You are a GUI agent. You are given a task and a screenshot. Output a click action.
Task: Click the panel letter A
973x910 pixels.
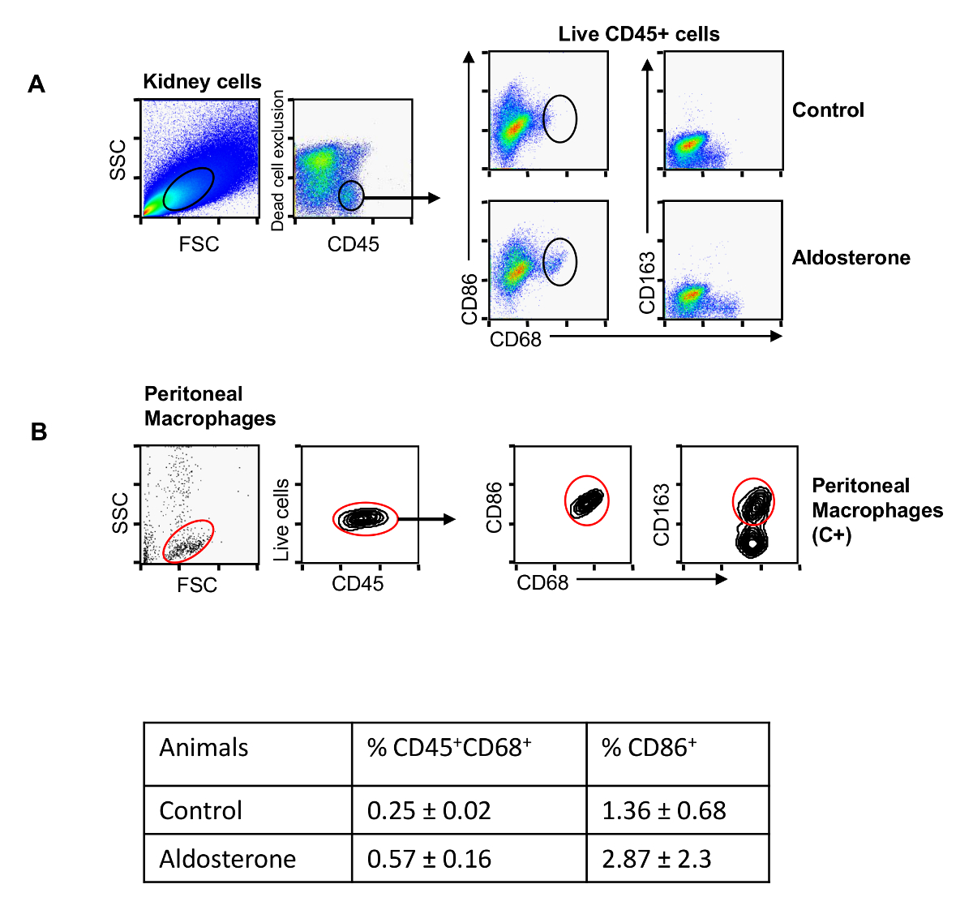(36, 84)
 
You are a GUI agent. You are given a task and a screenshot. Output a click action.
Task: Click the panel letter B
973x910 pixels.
(38, 432)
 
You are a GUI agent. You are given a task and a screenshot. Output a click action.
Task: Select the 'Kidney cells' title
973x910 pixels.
(202, 82)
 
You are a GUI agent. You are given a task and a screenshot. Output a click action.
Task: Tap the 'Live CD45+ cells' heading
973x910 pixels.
(639, 34)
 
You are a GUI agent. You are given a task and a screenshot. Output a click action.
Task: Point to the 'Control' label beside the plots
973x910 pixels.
(828, 110)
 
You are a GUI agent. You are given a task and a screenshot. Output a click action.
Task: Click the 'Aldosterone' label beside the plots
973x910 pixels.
(851, 258)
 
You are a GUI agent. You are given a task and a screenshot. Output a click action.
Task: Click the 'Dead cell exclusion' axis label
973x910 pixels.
(278, 160)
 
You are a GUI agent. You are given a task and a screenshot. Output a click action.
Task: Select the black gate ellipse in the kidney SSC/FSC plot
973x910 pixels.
(189, 188)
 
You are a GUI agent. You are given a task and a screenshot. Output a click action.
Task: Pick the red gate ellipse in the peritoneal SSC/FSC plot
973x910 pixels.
(188, 541)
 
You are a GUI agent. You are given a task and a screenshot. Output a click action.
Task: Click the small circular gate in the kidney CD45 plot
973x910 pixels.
(351, 195)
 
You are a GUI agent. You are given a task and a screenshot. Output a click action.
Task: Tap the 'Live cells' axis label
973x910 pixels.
(282, 520)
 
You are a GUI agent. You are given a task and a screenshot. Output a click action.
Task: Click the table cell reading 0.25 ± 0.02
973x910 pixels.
(429, 810)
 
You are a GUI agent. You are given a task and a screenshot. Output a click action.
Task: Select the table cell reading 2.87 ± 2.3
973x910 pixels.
(656, 859)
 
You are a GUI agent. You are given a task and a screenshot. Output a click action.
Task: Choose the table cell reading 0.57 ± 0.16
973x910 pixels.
(429, 859)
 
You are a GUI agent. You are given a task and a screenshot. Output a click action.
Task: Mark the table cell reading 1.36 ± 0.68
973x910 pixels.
(663, 810)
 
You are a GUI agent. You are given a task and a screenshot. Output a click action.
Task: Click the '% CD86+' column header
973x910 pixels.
(649, 747)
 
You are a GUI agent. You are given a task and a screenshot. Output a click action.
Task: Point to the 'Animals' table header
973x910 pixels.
(204, 747)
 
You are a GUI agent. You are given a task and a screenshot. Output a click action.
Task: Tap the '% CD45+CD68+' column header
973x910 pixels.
(449, 747)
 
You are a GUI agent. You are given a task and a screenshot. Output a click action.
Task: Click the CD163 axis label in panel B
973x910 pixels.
(662, 514)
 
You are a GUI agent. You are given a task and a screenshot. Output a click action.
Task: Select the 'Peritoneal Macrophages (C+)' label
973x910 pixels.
(877, 510)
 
